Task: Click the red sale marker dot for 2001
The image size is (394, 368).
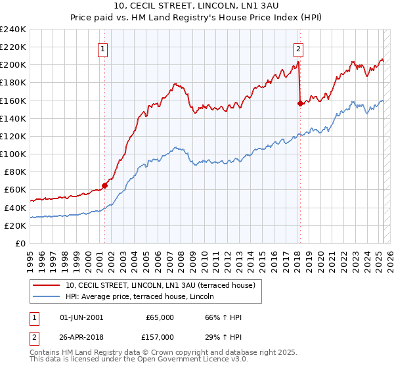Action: click(104, 185)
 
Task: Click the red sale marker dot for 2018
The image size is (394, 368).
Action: click(300, 103)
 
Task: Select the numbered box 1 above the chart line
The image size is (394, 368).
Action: click(104, 47)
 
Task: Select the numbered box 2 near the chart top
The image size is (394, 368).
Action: click(298, 47)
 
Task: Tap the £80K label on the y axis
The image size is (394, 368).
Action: click(14, 172)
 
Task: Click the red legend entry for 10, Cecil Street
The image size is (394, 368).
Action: click(164, 285)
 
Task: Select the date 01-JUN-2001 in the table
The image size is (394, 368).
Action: click(81, 317)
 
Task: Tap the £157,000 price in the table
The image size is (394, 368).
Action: click(160, 336)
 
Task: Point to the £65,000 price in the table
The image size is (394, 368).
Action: click(160, 317)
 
